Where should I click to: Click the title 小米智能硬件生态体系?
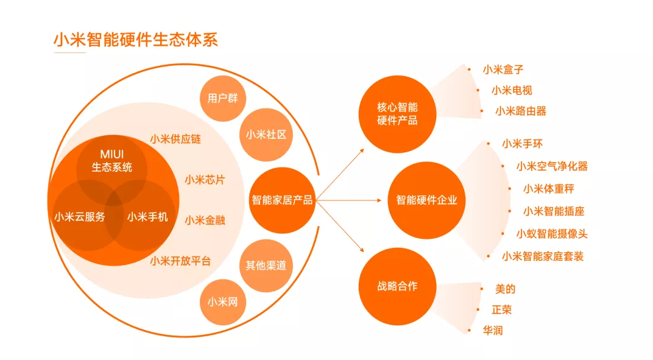click(x=136, y=40)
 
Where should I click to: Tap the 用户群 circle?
click(x=223, y=98)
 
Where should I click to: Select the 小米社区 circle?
click(x=266, y=135)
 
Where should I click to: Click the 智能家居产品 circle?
click(x=282, y=200)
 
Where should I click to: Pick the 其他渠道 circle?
click(x=266, y=266)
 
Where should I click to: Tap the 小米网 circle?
click(x=223, y=302)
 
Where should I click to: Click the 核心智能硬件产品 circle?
click(x=397, y=114)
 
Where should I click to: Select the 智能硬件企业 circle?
click(x=426, y=200)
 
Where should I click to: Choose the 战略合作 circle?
click(x=397, y=286)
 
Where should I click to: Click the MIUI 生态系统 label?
click(x=111, y=161)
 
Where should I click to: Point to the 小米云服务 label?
click(x=80, y=217)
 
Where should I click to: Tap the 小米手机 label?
click(x=147, y=217)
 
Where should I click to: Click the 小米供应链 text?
click(x=175, y=139)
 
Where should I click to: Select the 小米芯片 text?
click(x=205, y=180)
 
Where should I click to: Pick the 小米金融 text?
click(x=205, y=221)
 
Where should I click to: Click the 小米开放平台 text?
click(x=180, y=261)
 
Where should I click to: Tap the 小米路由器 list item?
click(x=521, y=111)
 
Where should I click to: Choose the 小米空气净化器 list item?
click(x=552, y=167)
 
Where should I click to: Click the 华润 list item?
click(x=493, y=331)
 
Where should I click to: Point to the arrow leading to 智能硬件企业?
click(x=348, y=200)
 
